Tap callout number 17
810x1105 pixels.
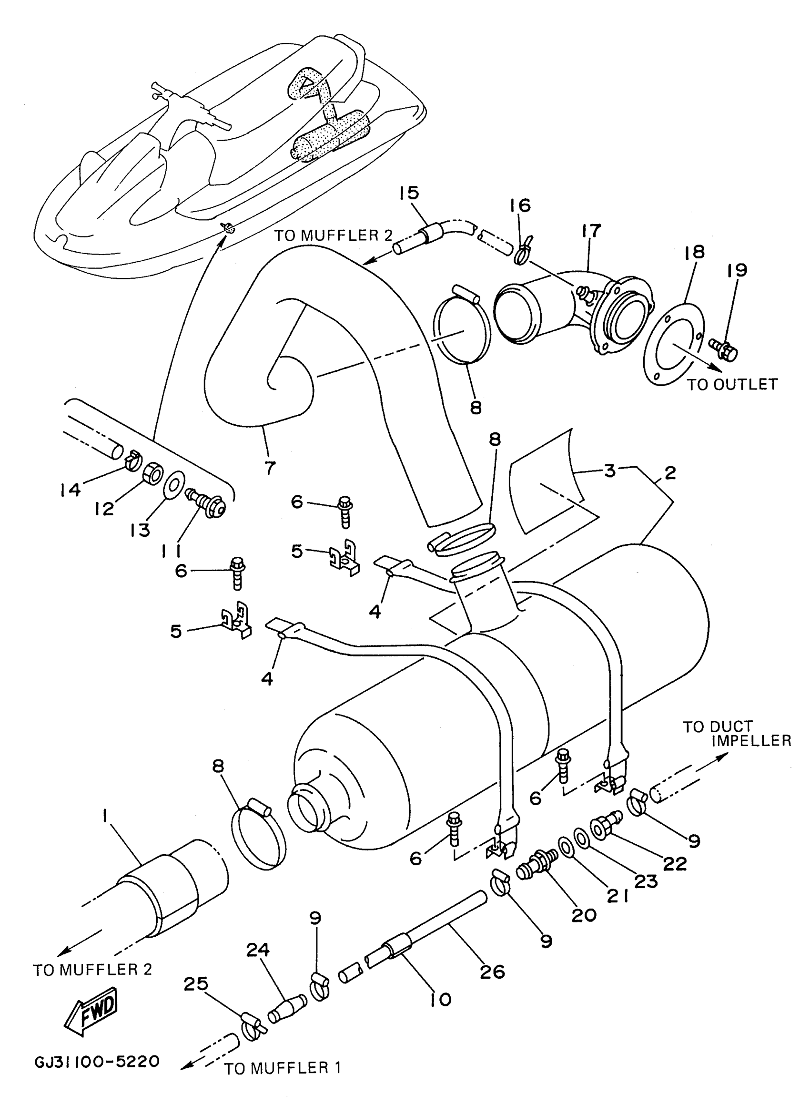pos(591,231)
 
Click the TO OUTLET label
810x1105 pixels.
pos(731,385)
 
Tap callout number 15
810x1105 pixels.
pos(409,193)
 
